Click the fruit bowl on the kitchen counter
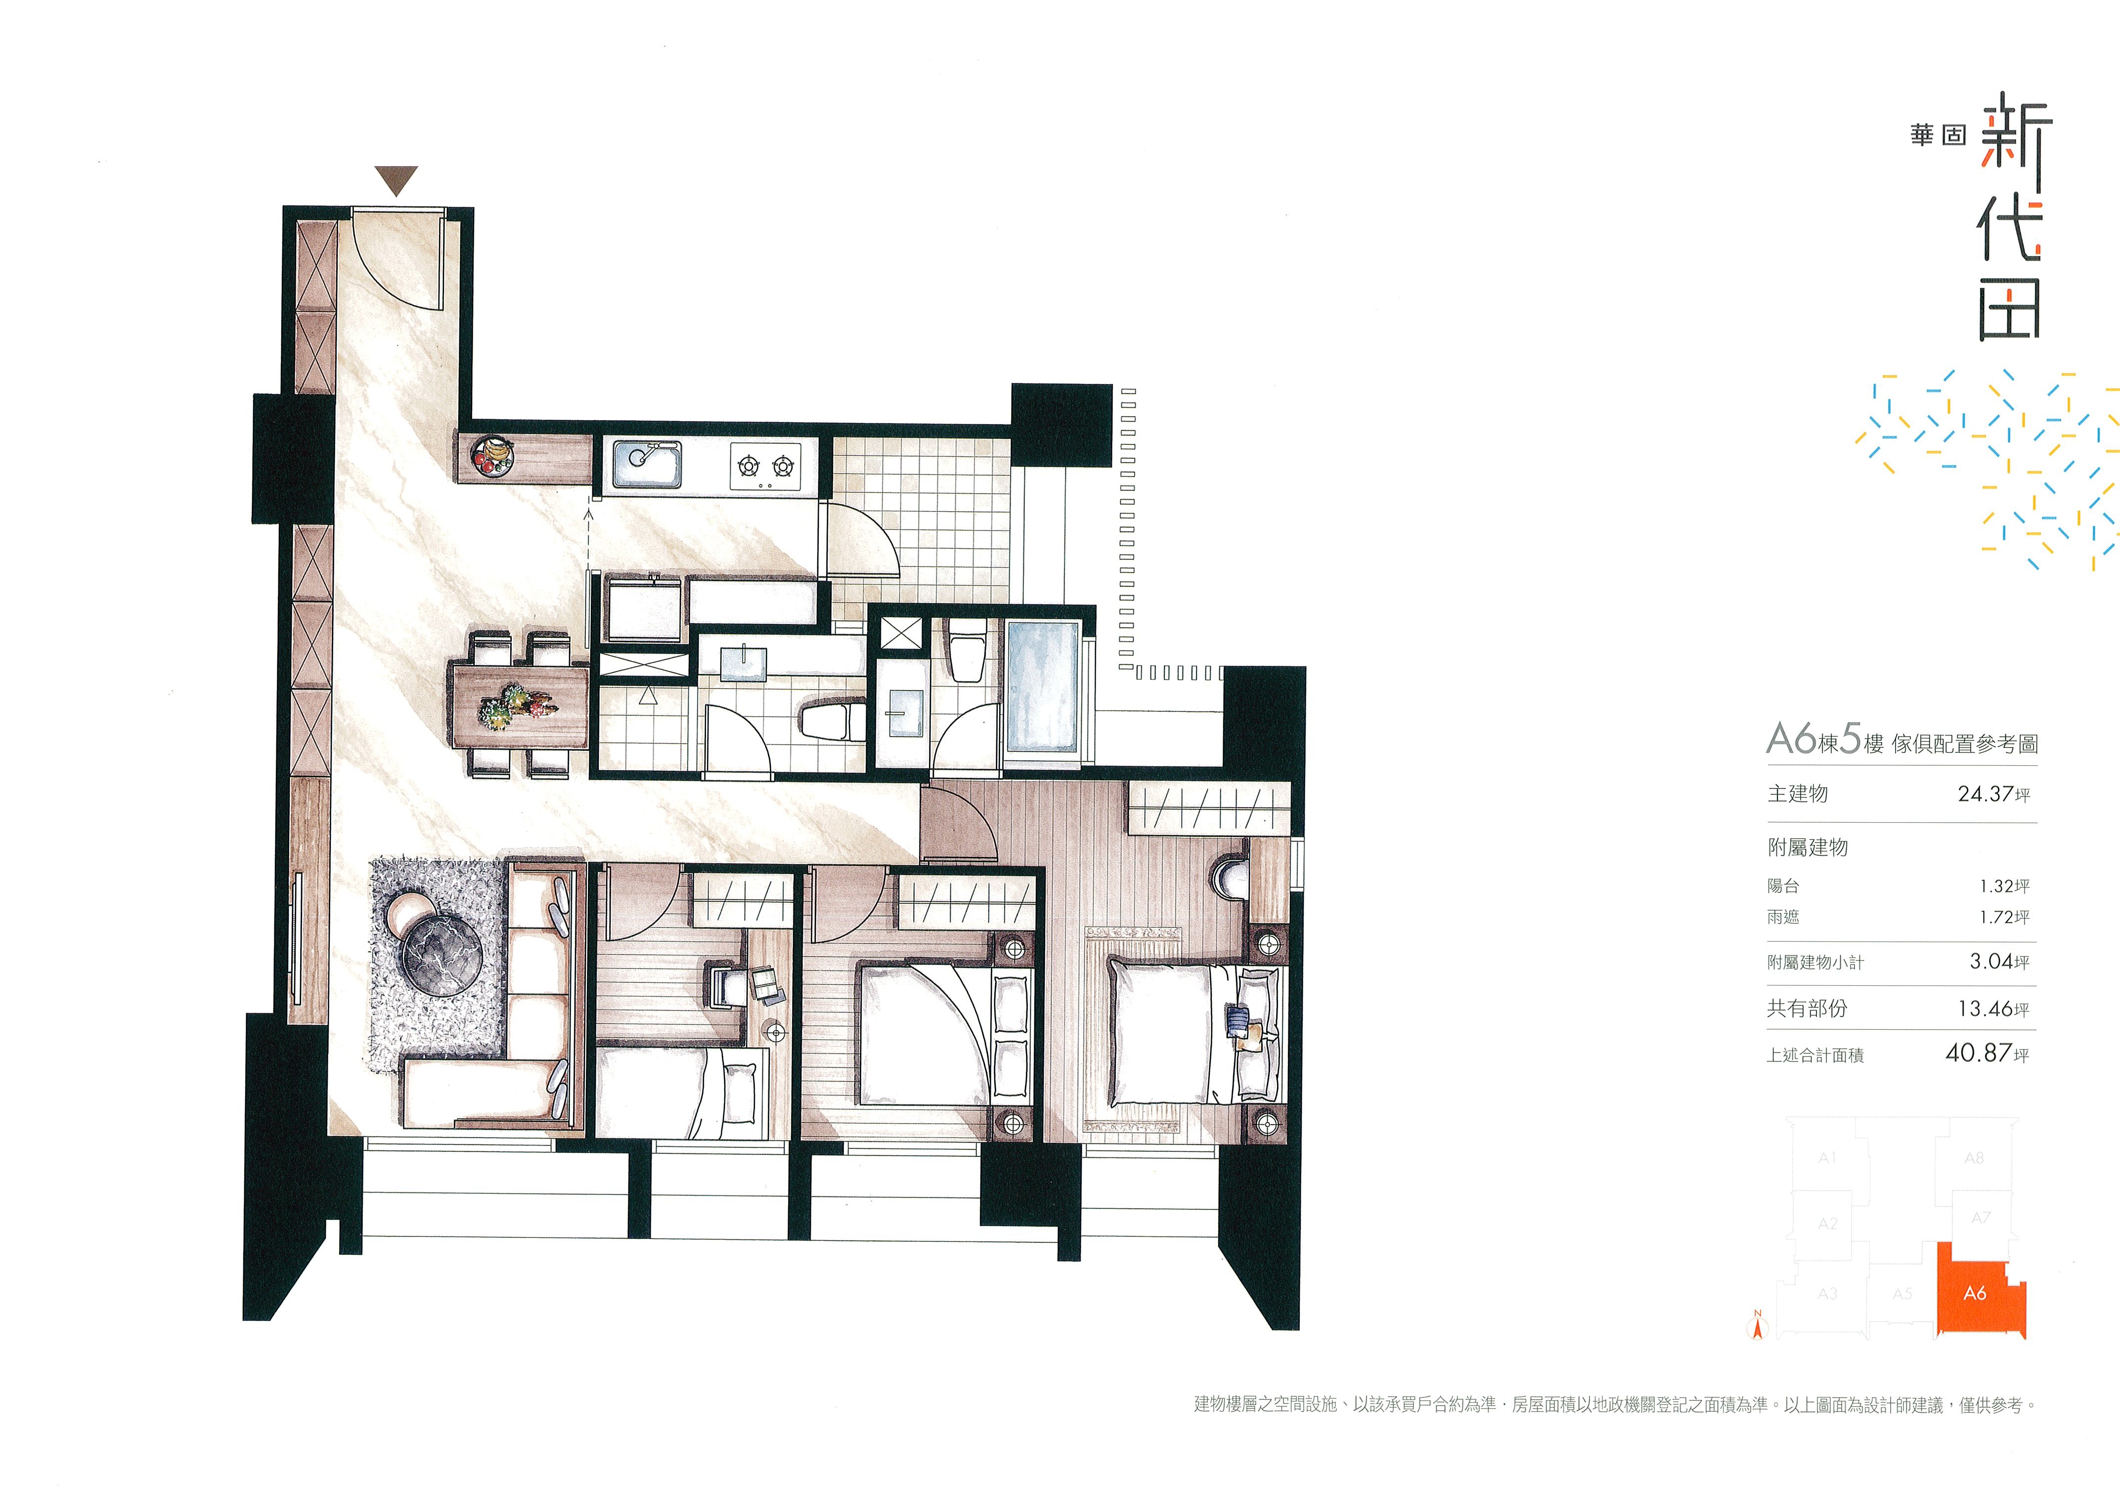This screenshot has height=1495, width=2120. point(491,456)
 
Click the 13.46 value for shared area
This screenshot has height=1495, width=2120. point(1985,1009)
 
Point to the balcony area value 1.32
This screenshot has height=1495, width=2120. point(1996,885)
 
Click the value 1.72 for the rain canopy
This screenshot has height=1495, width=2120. point(1996,917)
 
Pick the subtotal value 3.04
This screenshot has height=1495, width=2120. point(1991,961)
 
